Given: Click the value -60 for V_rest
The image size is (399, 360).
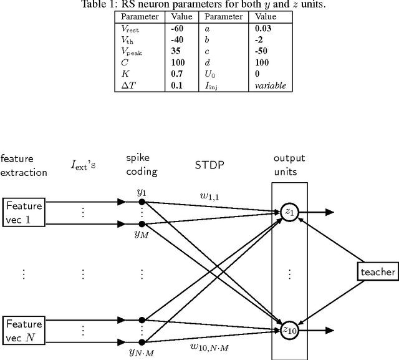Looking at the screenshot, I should click(x=178, y=29).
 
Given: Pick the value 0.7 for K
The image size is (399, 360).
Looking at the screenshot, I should click(x=176, y=74).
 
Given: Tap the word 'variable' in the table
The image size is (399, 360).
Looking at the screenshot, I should click(x=270, y=85).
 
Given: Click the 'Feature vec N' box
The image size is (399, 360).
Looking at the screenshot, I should click(x=24, y=331).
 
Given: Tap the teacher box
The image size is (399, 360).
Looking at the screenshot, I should click(x=377, y=271).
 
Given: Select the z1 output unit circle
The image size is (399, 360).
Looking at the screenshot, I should click(x=289, y=212).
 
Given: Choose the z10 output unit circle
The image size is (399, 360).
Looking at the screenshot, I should click(x=289, y=331).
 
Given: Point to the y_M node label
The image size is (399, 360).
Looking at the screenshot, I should click(x=141, y=233).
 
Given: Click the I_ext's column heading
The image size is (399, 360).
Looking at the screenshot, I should click(x=82, y=165).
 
